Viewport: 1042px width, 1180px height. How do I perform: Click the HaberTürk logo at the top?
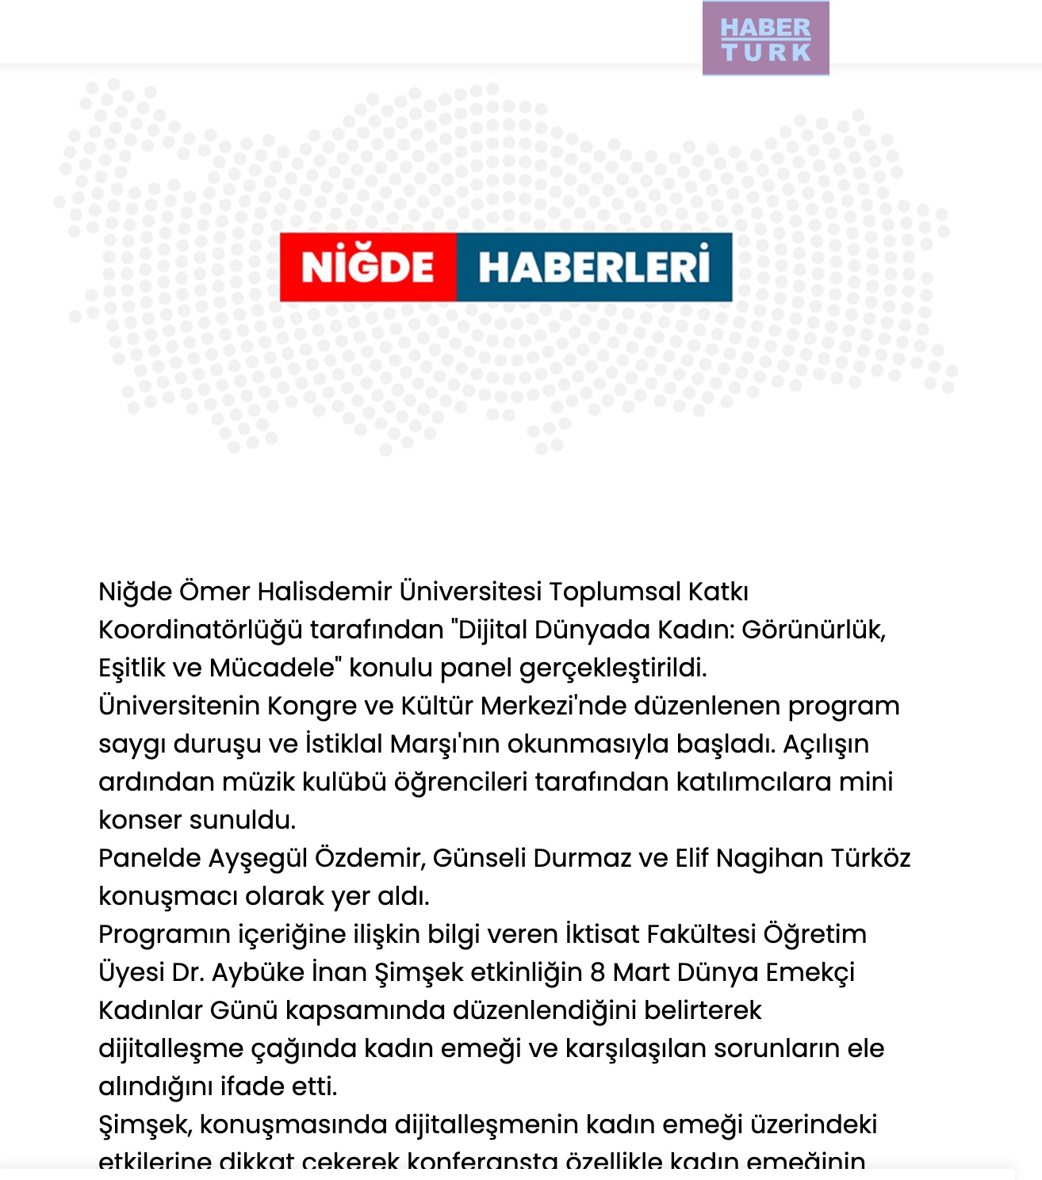[765, 39]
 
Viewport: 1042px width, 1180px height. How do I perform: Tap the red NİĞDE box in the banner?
[368, 267]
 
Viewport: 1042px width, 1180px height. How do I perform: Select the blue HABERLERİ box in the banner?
[594, 267]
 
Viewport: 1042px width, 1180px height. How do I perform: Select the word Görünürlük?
[813, 630]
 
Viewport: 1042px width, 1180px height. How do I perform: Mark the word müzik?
[258, 782]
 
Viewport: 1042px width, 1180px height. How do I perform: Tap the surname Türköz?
[868, 858]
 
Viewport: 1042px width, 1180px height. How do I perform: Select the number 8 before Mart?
[597, 972]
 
